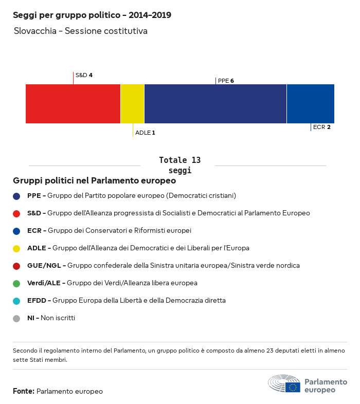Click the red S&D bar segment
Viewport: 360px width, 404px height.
point(73,104)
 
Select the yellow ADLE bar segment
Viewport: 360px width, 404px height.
point(132,104)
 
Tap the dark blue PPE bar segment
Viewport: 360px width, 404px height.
point(215,104)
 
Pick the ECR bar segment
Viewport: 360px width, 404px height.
point(310,104)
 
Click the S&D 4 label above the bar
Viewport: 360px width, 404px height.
point(84,75)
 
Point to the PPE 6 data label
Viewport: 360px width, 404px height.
point(226,81)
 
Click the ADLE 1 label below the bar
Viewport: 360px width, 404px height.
point(145,133)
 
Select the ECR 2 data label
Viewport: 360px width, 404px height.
point(321,127)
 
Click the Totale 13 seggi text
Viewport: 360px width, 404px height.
point(179,165)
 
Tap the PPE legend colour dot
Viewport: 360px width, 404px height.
point(16,196)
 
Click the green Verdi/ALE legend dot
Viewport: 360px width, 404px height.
point(16,283)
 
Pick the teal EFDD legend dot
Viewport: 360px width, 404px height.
point(16,301)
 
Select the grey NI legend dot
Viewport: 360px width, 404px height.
point(16,318)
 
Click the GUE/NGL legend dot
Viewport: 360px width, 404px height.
point(16,266)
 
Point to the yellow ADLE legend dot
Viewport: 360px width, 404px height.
point(16,248)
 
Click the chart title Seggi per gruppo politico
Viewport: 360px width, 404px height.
point(92,15)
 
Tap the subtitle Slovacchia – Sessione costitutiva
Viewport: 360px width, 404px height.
point(81,31)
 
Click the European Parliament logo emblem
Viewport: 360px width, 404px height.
point(284,384)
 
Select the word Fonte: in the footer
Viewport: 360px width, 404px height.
point(24,392)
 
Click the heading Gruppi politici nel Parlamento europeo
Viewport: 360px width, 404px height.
point(95,181)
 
